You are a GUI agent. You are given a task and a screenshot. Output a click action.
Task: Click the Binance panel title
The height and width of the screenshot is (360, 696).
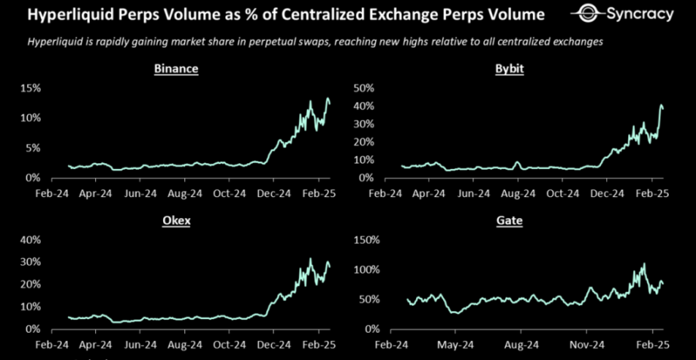pos(175,69)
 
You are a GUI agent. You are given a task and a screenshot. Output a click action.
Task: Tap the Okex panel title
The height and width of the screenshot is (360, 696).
pos(175,221)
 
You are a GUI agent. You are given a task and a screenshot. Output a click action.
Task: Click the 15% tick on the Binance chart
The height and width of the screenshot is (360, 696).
pos(31,88)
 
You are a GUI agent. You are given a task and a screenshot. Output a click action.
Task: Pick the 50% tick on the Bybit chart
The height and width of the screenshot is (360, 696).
pos(365,88)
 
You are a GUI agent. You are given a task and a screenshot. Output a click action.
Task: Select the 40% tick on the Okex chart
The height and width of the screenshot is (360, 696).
pos(30,240)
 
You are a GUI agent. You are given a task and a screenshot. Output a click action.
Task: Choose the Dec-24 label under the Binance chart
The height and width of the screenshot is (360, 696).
pos(273,193)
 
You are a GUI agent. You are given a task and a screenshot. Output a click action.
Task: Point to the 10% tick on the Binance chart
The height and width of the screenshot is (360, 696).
pos(31,118)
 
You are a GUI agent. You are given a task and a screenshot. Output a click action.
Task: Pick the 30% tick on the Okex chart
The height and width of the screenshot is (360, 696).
pos(30,262)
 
